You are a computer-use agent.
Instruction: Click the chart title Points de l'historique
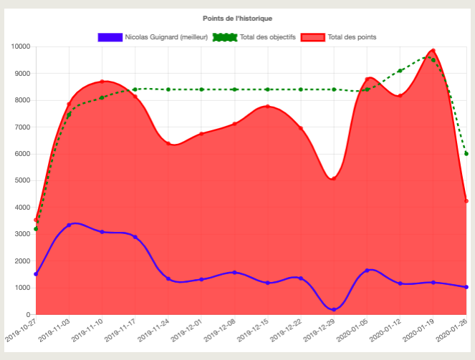point(237,18)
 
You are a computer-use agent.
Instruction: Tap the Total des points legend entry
point(339,37)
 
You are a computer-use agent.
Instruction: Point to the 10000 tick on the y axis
point(20,47)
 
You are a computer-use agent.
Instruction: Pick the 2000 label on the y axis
point(21,261)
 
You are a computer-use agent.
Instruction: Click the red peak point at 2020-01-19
point(433,51)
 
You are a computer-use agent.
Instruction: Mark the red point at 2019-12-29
point(334,178)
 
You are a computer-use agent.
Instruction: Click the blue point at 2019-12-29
point(334,309)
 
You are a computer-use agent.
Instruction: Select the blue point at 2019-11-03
point(69,225)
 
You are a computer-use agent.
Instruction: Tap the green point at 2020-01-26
point(466,153)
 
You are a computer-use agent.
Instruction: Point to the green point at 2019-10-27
point(36,229)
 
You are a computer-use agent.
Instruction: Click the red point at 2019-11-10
point(102,82)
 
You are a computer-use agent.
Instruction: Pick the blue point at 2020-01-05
point(367,271)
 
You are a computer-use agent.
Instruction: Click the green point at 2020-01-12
point(400,71)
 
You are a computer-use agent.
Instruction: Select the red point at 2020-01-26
point(466,201)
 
